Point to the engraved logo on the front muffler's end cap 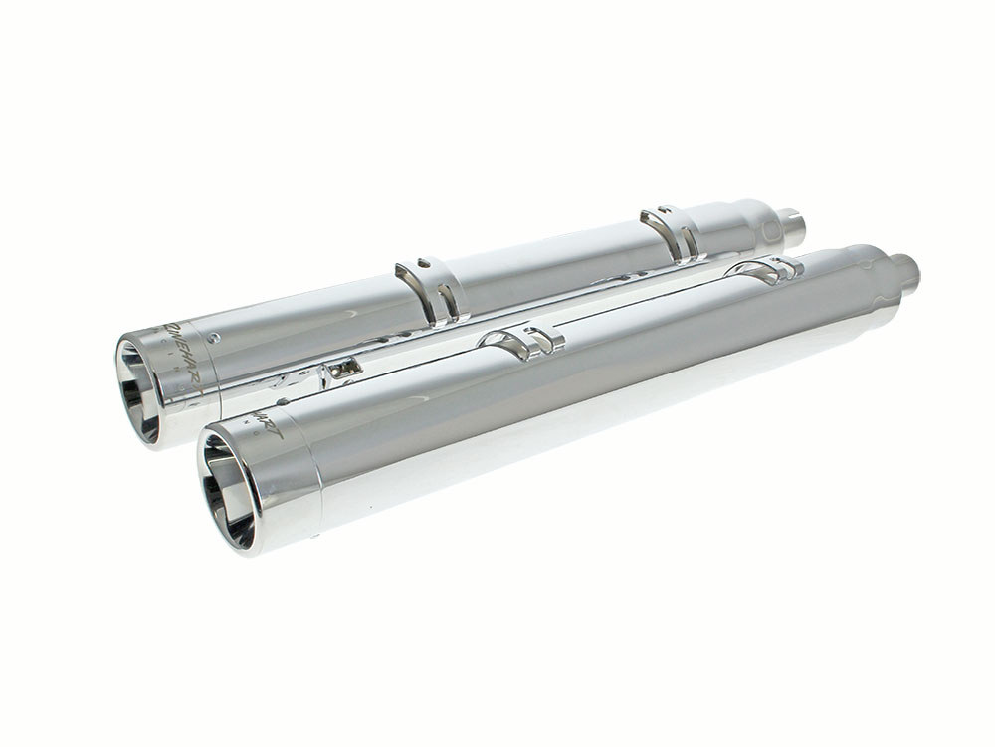(x=263, y=422)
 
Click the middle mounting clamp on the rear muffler (x=430, y=289)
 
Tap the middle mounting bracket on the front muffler (x=523, y=341)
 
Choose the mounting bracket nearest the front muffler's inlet (x=766, y=268)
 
